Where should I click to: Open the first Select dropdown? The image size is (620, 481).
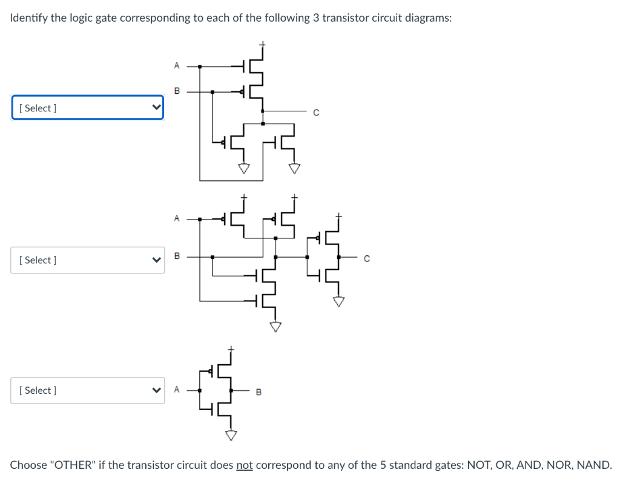coord(87,108)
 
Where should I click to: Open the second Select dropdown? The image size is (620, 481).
coord(87,260)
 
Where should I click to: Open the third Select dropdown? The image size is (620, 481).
coord(87,390)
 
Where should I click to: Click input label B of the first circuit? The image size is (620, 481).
coord(176,91)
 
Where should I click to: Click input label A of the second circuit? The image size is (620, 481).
coord(176,218)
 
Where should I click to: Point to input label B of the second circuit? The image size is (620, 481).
coord(176,257)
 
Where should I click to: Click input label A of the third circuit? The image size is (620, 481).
coord(176,390)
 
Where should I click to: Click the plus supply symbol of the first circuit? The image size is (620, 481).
coord(263,44)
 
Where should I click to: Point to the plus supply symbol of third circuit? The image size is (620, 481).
coord(230,349)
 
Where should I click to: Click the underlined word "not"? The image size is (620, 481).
coord(245,465)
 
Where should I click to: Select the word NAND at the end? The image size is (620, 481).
coord(593,465)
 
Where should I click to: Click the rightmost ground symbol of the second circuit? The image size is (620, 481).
coord(339,301)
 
